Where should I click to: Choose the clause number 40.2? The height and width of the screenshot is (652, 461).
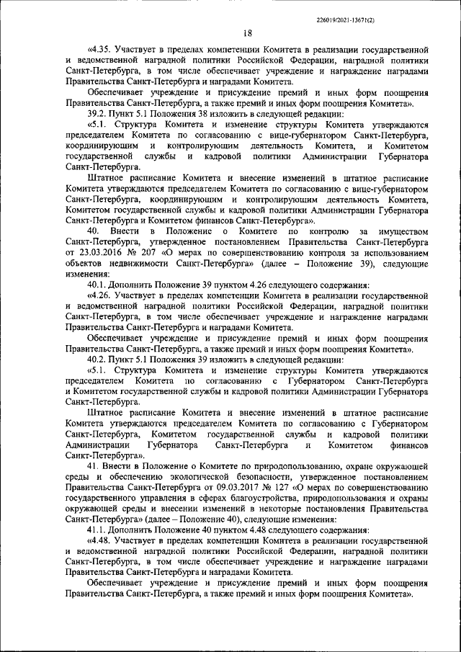pos(97,359)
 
